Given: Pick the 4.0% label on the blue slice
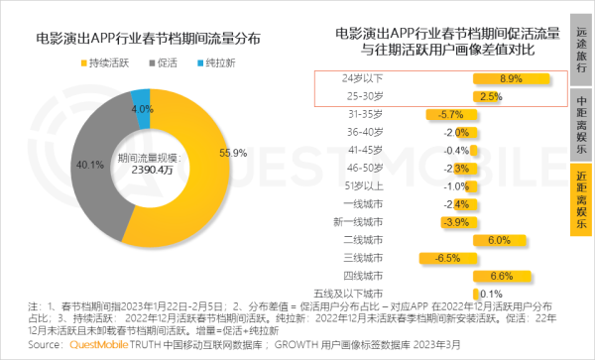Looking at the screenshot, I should (x=142, y=108).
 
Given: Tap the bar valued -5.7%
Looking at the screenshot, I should (x=444, y=114).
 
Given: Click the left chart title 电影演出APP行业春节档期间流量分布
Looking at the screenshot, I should (x=148, y=41).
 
